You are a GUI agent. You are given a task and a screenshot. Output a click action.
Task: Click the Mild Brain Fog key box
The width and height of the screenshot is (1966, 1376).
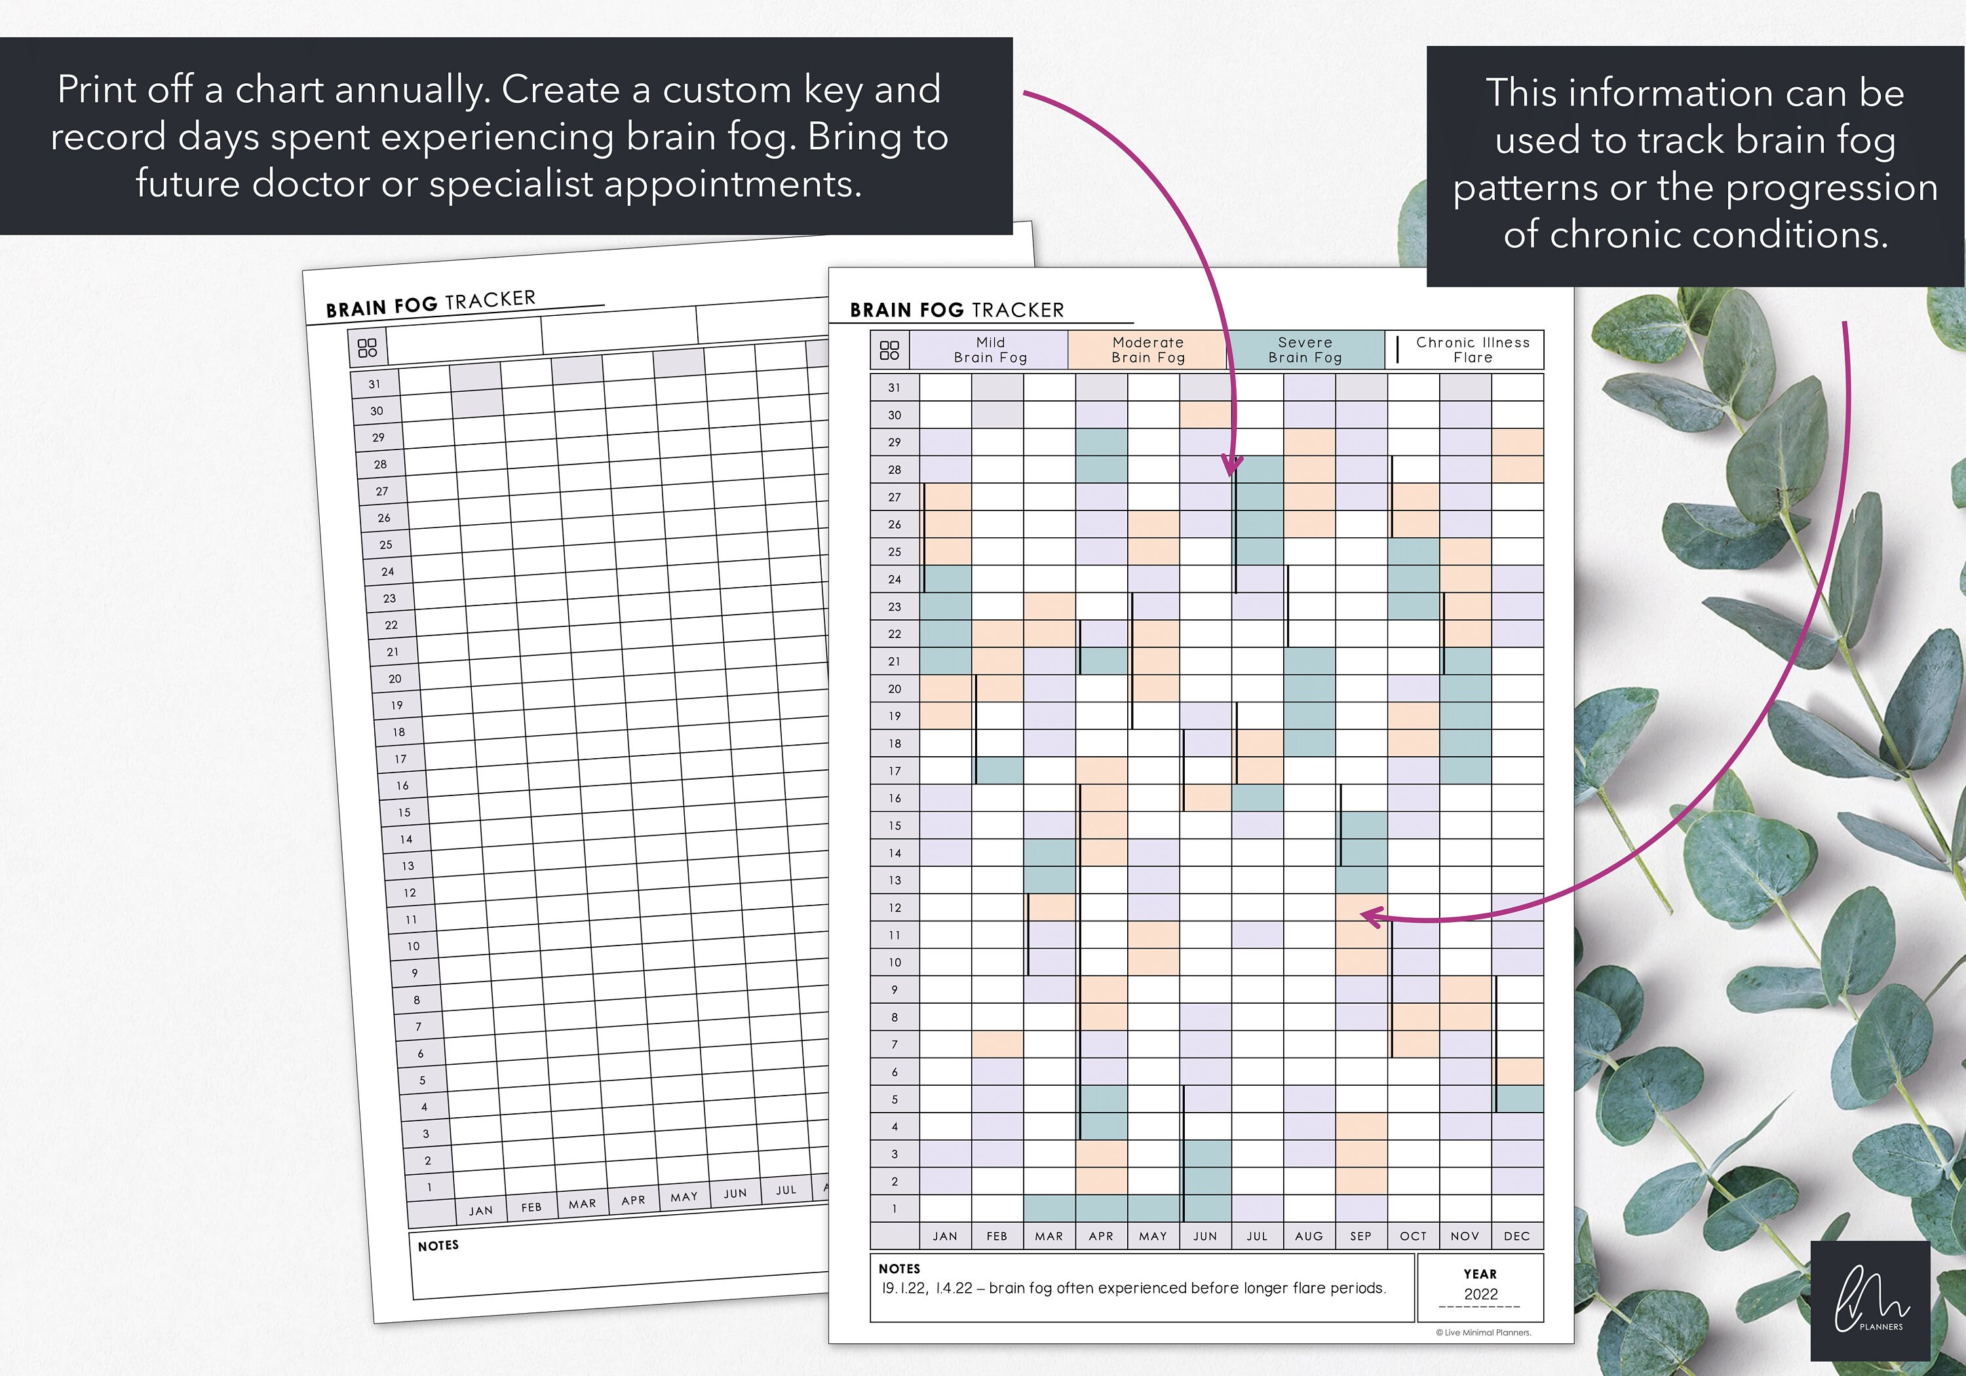pos(990,350)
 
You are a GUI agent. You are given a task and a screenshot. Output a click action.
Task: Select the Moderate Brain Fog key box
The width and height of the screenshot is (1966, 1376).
pos(1147,350)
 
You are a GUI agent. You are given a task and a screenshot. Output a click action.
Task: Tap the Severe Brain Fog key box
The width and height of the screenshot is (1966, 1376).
pos(1305,350)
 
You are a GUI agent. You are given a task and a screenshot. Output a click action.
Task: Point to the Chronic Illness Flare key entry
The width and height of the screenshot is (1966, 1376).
pos(1472,350)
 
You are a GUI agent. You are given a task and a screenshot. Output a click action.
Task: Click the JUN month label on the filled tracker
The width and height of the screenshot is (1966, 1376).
pos(1205,1236)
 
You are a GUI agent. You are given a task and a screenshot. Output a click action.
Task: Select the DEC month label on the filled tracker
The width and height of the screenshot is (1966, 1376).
pos(1516,1236)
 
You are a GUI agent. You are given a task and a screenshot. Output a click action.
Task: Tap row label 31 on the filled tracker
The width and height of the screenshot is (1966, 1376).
pos(894,388)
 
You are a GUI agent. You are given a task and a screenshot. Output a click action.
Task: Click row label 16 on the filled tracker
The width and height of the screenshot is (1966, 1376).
pos(894,798)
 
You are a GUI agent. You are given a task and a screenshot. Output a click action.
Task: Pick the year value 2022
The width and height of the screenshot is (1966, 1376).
pos(1480,1295)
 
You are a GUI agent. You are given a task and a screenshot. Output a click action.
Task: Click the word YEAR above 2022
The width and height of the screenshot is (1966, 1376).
pos(1480,1274)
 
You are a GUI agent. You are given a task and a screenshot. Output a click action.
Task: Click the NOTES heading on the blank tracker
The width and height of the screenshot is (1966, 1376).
pos(438,1246)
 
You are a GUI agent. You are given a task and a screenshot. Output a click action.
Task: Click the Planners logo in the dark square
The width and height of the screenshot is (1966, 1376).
pos(1870,1301)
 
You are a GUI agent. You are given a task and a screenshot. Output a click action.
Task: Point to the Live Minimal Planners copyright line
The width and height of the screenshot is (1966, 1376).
pos(1484,1332)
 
